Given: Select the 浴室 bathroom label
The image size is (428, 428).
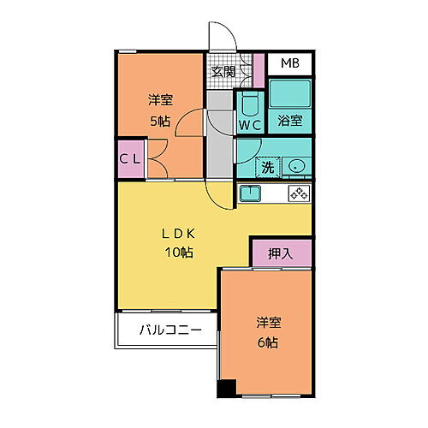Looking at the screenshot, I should [x=289, y=122].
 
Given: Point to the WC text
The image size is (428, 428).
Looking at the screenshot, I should [x=250, y=124].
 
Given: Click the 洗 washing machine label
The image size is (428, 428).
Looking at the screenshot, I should [x=267, y=166].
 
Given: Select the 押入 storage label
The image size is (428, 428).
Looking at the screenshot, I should [x=280, y=253].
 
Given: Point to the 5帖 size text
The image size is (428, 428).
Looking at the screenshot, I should [x=158, y=120].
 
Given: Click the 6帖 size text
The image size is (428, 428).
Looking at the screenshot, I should [x=269, y=342].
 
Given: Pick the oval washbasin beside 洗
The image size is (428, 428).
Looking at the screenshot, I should [x=296, y=166].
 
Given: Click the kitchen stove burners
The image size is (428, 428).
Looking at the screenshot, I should [x=299, y=193].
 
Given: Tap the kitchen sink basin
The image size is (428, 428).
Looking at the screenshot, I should [x=249, y=193].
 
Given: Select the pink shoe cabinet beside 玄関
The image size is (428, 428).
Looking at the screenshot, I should [x=259, y=70].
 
